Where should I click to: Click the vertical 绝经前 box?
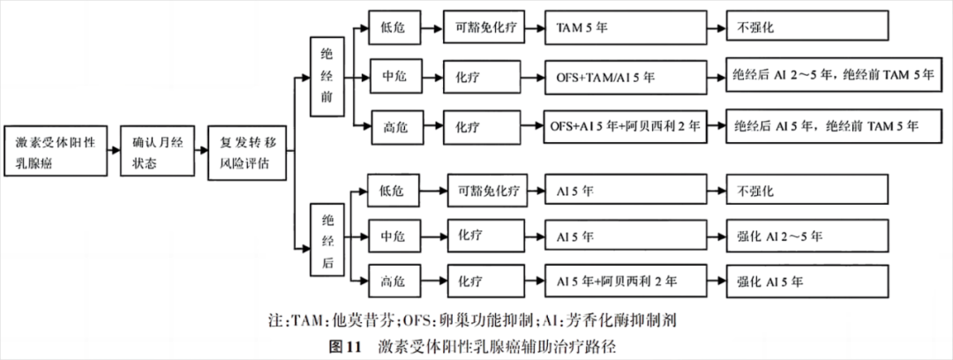(x=327, y=77)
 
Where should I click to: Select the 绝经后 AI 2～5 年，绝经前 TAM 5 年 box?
(x=834, y=77)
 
